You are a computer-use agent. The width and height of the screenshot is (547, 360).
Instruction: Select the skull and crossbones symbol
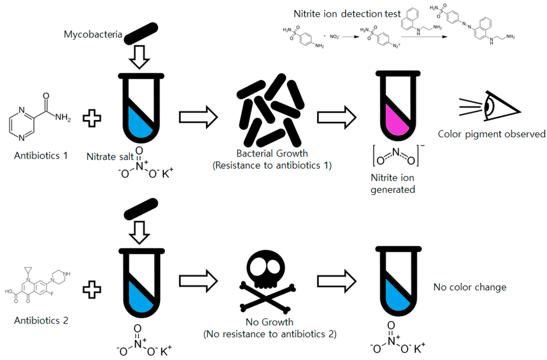click(269, 280)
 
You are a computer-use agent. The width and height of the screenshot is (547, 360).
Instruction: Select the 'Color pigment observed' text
click(491, 134)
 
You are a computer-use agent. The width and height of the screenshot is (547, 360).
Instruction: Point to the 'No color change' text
click(470, 287)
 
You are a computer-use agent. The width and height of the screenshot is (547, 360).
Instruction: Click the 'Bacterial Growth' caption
click(272, 154)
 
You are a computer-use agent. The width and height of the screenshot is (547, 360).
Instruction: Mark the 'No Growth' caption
click(269, 322)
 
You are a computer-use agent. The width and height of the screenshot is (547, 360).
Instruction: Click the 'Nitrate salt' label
click(110, 156)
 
